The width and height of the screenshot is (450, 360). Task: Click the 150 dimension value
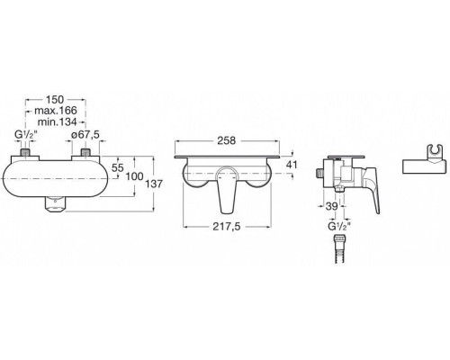click(55, 99)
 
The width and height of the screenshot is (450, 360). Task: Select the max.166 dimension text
click(56, 111)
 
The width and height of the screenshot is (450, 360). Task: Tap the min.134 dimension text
click(57, 121)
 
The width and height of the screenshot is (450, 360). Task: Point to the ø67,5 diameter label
click(85, 135)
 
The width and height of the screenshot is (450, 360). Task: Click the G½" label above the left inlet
click(26, 135)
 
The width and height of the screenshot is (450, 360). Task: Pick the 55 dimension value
click(117, 167)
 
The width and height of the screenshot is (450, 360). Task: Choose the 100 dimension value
click(134, 176)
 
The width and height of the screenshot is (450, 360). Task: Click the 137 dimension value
click(154, 184)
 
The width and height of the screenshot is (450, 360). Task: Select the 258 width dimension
click(227, 140)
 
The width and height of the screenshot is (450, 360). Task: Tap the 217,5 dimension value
click(227, 227)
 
